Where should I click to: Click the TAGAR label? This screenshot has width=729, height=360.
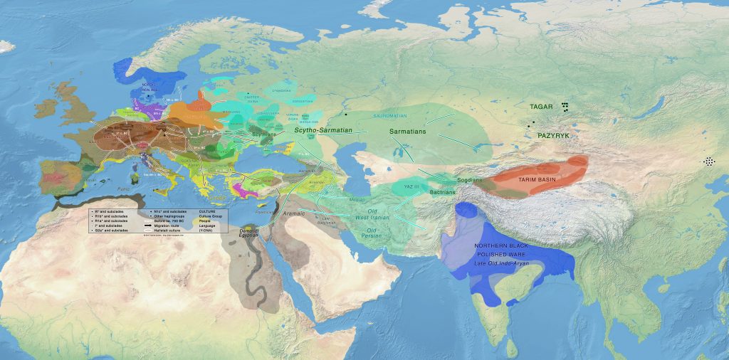point(542,107)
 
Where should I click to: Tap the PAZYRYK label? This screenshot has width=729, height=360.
point(555,134)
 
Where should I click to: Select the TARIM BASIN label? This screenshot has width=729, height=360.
point(536,180)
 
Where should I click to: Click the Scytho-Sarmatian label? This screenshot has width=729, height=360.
point(324,131)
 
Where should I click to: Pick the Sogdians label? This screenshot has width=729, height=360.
point(469,181)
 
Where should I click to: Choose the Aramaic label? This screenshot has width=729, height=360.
point(293,213)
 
